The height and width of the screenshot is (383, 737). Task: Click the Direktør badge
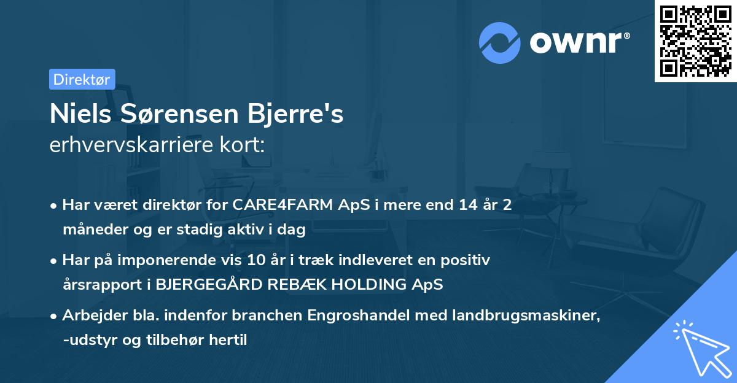[82, 79]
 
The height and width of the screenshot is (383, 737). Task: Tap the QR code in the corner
[695, 41]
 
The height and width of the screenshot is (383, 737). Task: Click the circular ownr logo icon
[500, 43]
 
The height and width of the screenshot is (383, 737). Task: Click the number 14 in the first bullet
[459, 205]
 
